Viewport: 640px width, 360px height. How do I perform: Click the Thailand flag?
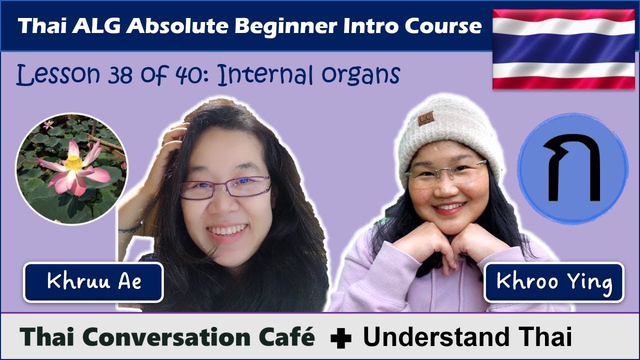563,49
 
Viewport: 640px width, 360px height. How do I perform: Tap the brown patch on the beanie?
426,118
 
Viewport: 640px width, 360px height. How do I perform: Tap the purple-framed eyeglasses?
226,187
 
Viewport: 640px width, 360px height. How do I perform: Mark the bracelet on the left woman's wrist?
131,228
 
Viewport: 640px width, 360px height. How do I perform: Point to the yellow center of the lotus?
73,163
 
